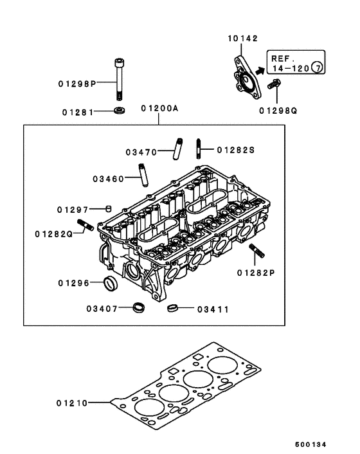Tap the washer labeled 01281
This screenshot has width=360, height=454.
[119, 112]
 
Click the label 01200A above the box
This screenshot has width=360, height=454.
[159, 109]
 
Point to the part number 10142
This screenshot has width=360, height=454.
[242, 39]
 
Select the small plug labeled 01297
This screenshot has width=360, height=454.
[109, 208]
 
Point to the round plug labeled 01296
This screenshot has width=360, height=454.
[111, 284]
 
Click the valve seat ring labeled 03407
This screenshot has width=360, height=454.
[138, 308]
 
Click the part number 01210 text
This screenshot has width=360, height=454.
[71, 403]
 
